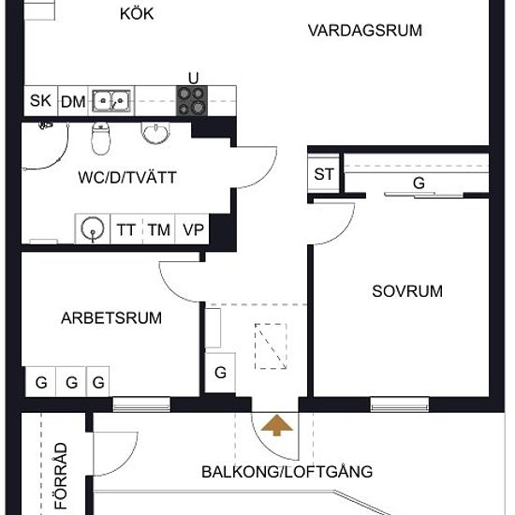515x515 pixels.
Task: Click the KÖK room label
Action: (x=137, y=14)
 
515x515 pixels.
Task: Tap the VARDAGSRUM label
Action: (x=365, y=31)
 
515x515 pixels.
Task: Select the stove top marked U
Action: (x=192, y=101)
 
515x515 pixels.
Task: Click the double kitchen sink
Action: (x=111, y=101)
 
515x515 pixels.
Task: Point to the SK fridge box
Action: (x=40, y=101)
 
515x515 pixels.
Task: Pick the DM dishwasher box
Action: (x=73, y=101)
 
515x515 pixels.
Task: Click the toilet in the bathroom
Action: (x=101, y=139)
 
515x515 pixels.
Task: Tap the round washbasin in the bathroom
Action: (x=155, y=133)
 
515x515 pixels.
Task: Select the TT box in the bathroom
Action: (x=126, y=228)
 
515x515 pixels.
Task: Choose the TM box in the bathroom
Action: (x=158, y=228)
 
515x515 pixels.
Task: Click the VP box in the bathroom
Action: (x=192, y=228)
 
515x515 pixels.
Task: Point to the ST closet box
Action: (x=324, y=174)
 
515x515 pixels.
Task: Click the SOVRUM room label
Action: (x=407, y=291)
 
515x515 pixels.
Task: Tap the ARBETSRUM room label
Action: (x=111, y=318)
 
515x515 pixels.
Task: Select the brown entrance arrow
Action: (x=277, y=425)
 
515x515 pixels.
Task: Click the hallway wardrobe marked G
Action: (x=220, y=373)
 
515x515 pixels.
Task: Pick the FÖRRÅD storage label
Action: (x=61, y=476)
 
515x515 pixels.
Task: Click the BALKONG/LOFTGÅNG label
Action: (x=287, y=472)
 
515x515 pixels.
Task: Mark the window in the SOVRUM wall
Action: (x=400, y=405)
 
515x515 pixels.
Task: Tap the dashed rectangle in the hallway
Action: (x=271, y=346)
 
